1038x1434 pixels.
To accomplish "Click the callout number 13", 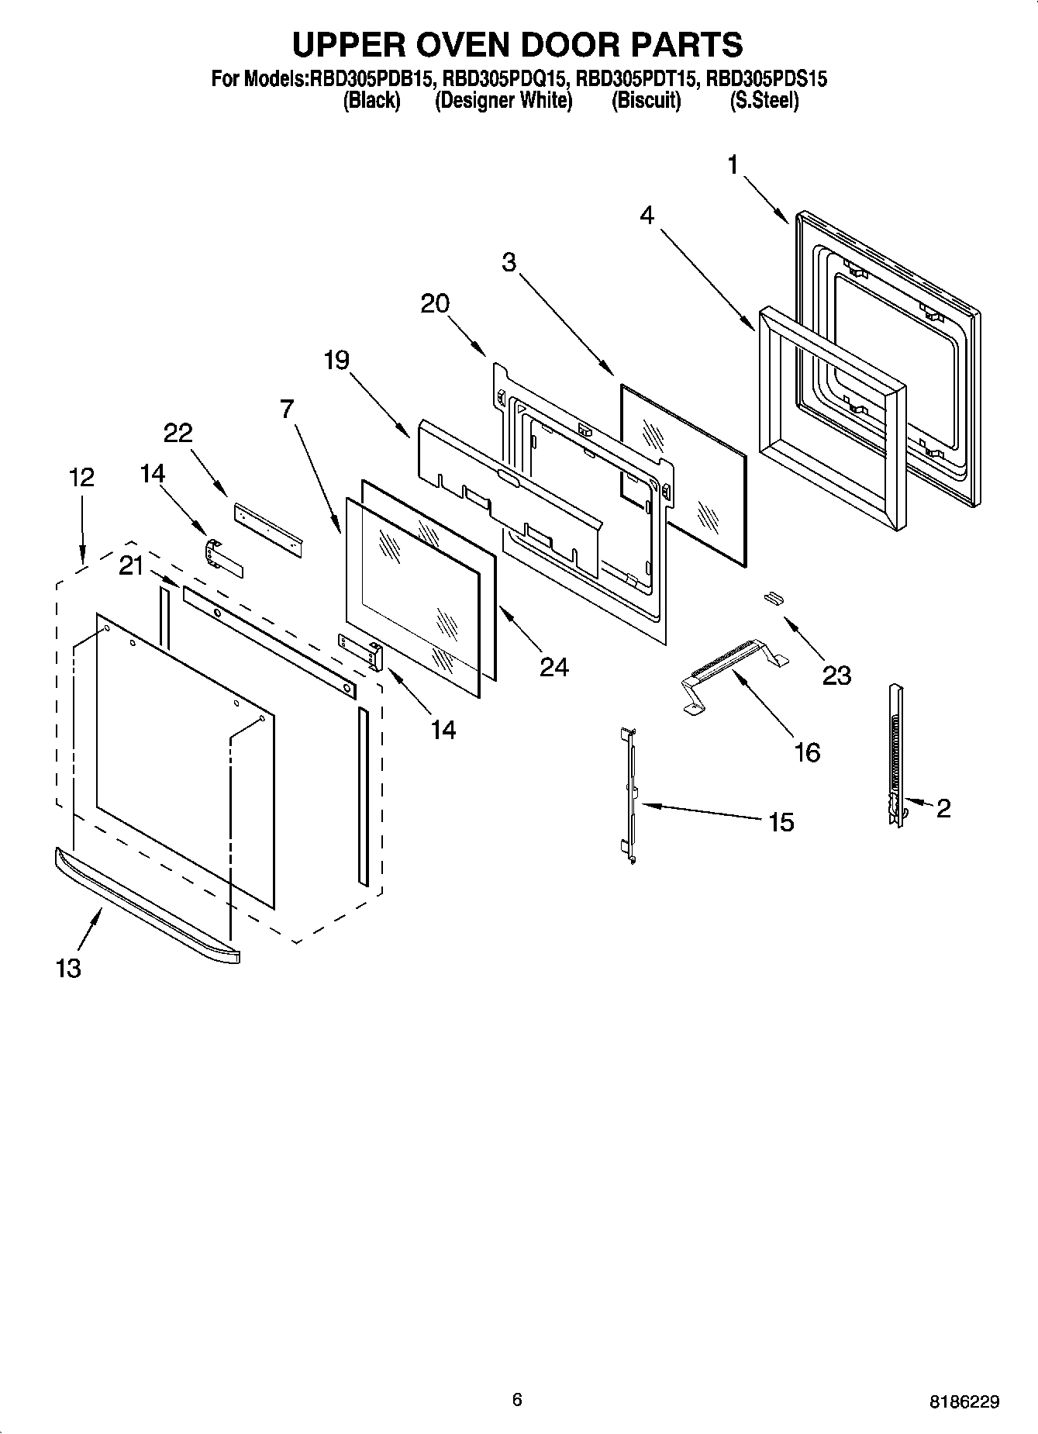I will point(68,968).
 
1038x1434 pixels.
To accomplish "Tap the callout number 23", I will point(836,675).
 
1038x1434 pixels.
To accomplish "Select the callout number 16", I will point(807,752).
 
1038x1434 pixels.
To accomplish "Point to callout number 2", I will point(943,808).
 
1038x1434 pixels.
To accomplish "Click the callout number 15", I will point(781,821).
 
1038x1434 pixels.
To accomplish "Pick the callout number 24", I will point(553,666).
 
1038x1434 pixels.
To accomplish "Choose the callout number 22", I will point(178,433).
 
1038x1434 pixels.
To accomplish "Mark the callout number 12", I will point(81,477).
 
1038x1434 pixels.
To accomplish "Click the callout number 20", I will point(435,303).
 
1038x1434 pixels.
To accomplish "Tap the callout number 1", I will point(733,164).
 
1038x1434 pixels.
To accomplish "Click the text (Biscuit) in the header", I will point(646,101).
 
